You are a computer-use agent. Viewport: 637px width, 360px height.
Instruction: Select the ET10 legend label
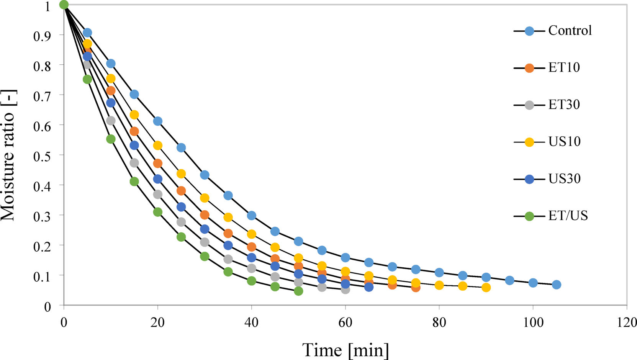click(x=564, y=68)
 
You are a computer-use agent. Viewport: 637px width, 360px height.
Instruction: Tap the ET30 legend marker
click(x=529, y=105)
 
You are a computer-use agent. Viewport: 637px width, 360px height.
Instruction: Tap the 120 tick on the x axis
click(x=627, y=323)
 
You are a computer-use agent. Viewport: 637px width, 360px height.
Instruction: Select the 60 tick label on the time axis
click(x=345, y=323)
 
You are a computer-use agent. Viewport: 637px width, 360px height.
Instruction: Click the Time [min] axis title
click(x=346, y=350)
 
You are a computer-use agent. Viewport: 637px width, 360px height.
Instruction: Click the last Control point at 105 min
click(x=557, y=285)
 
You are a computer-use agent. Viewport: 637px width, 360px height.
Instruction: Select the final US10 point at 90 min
click(x=486, y=287)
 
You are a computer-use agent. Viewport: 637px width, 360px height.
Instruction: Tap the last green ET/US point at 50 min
click(x=298, y=291)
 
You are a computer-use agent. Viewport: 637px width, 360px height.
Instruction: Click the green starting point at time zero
click(x=64, y=5)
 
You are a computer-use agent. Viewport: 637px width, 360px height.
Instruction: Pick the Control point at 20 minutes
click(x=157, y=121)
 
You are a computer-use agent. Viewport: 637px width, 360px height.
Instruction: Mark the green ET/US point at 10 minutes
click(x=111, y=139)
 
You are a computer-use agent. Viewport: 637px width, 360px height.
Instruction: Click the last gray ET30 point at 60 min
click(x=345, y=290)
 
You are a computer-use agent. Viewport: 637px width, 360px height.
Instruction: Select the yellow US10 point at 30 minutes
click(x=205, y=198)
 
